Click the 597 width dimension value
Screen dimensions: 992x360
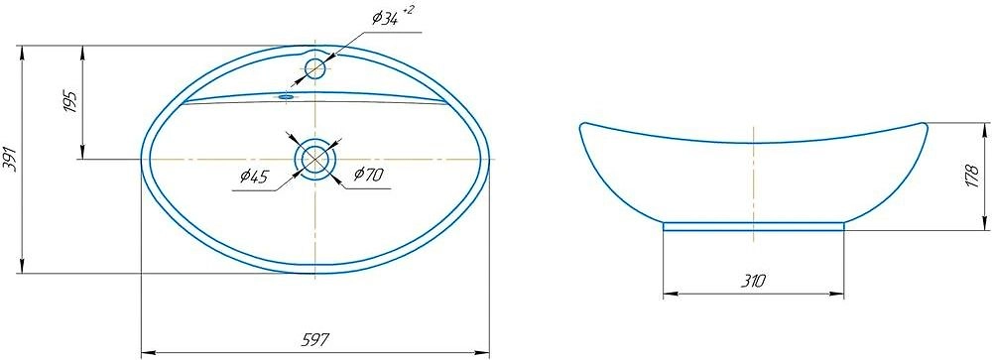point(315,340)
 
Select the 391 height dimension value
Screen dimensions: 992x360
point(10,159)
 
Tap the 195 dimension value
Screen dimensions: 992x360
point(69,101)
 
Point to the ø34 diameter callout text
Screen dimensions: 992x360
point(385,19)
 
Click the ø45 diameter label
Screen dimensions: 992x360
point(254,177)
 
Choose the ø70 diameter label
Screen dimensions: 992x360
point(368,175)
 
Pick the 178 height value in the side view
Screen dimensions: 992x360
point(973,177)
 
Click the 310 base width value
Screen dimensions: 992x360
point(753,281)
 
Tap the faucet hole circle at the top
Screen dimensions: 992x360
point(315,67)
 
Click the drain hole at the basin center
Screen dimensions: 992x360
point(314,159)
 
